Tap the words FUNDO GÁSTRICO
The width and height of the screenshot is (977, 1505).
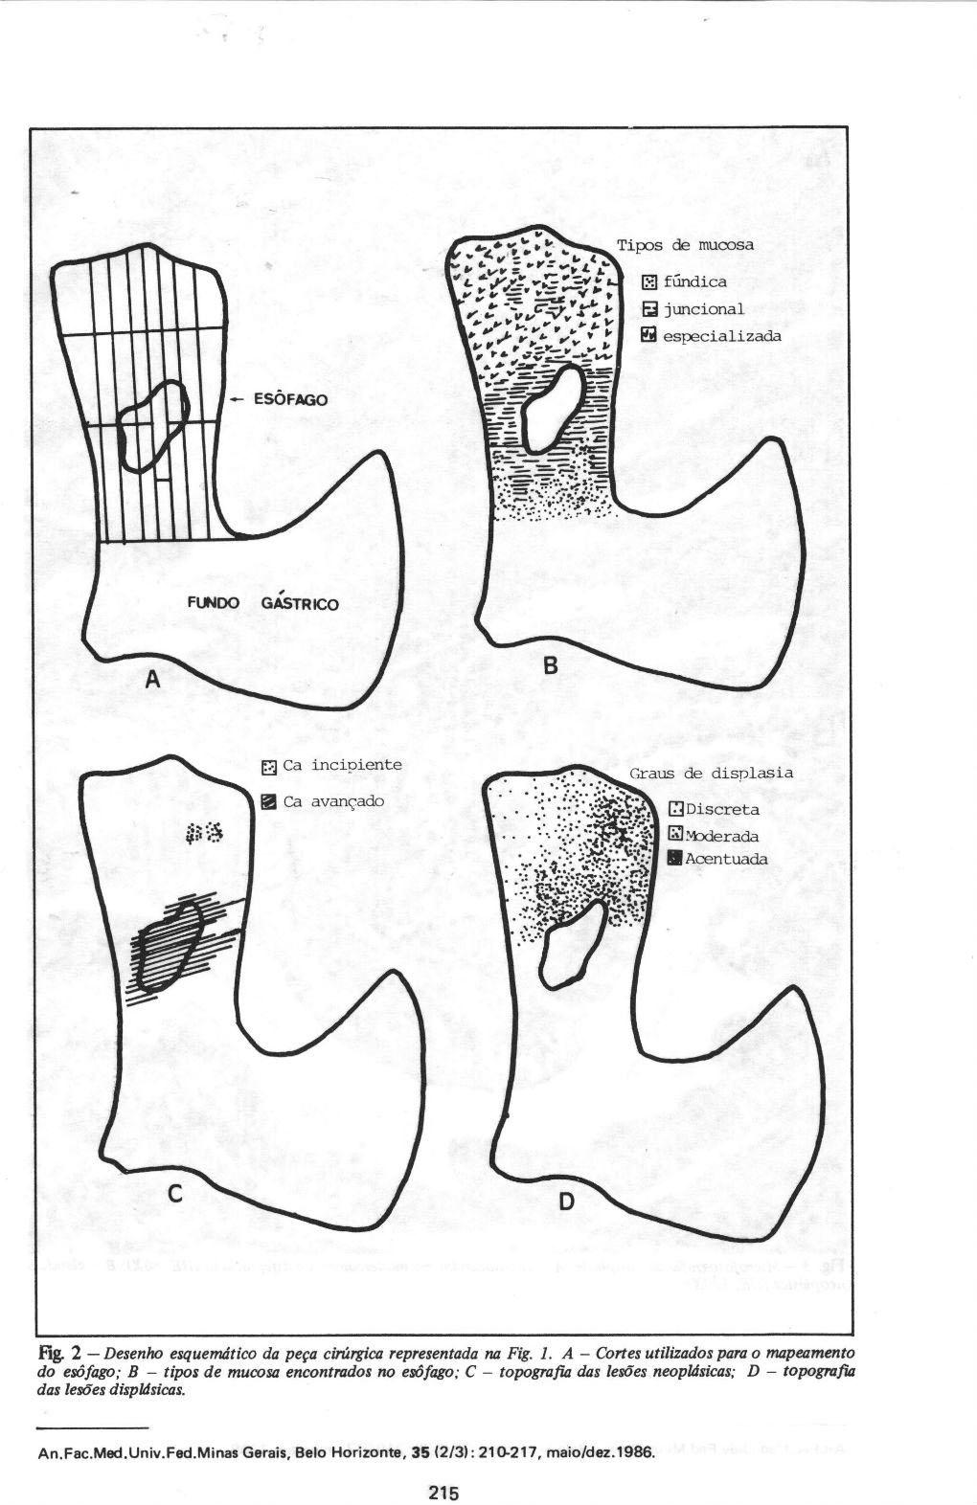click(263, 604)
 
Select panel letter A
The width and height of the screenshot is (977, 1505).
click(151, 681)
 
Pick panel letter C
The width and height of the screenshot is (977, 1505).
click(175, 1194)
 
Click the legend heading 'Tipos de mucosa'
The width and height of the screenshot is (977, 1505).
click(685, 245)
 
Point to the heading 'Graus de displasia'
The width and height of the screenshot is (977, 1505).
click(711, 773)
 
